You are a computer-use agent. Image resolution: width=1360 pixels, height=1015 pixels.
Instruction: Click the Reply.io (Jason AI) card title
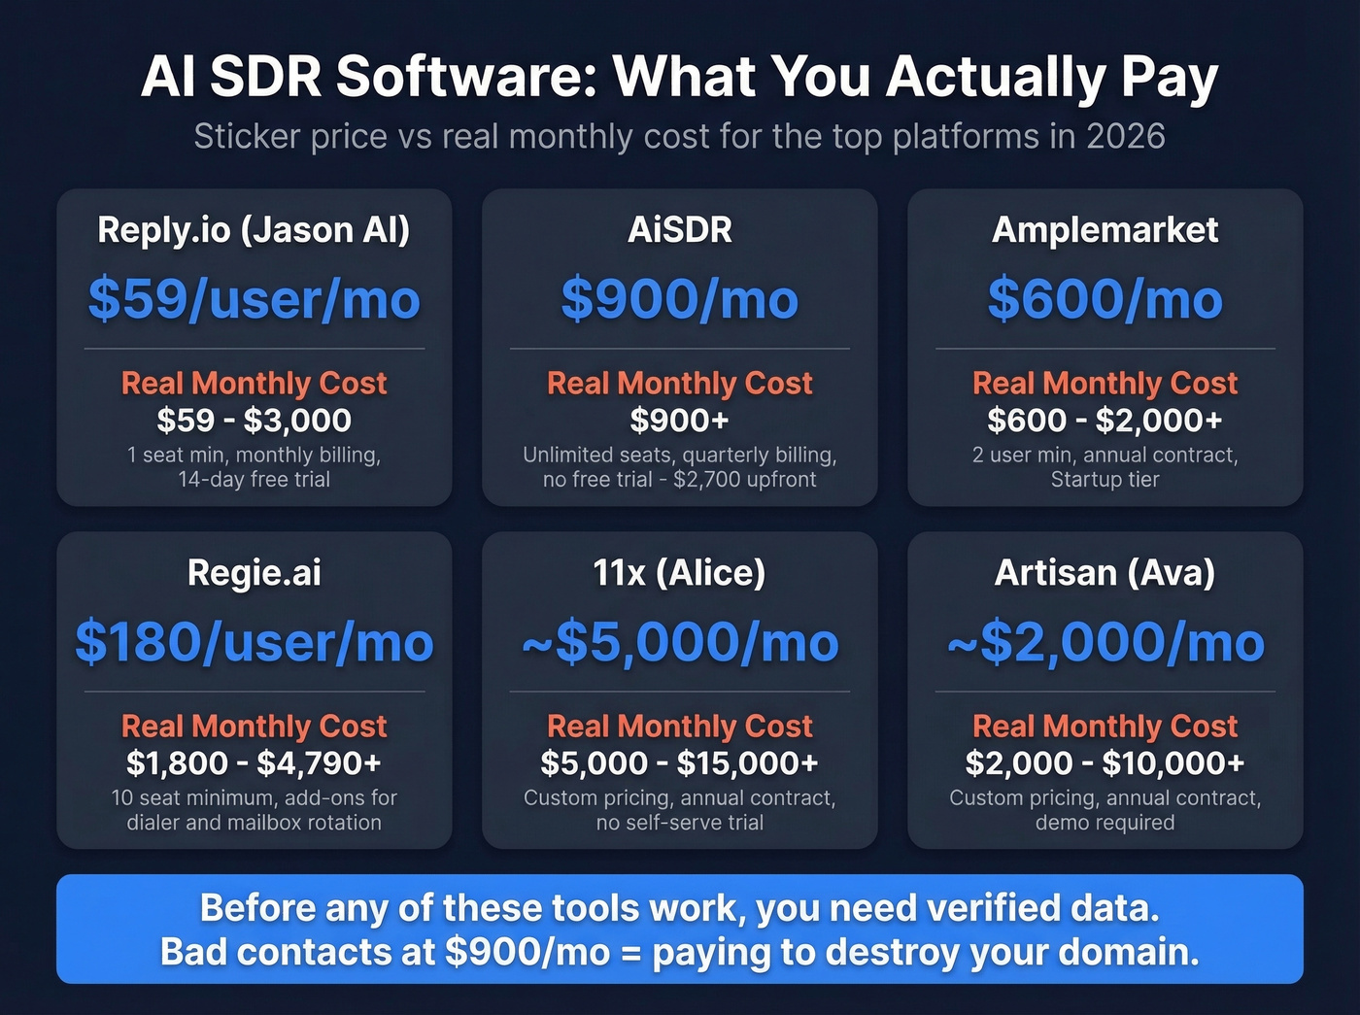[x=254, y=230]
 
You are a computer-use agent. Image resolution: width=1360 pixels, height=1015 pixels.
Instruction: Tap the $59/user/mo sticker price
[x=254, y=298]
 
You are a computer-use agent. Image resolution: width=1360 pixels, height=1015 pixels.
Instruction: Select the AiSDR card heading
[x=680, y=230]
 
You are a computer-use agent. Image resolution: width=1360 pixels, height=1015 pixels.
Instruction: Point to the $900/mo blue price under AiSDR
[x=680, y=298]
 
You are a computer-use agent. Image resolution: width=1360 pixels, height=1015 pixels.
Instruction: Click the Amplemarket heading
[x=1105, y=230]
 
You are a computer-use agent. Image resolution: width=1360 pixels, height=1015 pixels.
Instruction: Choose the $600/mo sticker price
[x=1105, y=298]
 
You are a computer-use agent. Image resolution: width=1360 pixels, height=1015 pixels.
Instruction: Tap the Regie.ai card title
[x=254, y=573]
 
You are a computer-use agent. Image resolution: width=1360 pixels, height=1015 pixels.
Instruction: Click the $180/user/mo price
[x=254, y=642]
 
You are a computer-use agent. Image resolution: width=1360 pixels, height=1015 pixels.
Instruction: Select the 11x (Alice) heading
[x=680, y=573]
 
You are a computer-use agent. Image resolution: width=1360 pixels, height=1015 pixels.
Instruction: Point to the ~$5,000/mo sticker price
[x=680, y=642]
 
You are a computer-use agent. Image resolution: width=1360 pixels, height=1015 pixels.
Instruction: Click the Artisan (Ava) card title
[x=1105, y=573]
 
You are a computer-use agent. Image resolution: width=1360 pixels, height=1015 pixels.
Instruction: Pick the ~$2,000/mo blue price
[x=1105, y=642]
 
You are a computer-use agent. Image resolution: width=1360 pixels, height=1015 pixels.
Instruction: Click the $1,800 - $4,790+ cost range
[x=254, y=763]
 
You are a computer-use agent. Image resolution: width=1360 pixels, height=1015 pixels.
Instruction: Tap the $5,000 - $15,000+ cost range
[x=680, y=763]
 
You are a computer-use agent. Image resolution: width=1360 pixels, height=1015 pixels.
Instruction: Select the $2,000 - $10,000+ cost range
[x=1105, y=763]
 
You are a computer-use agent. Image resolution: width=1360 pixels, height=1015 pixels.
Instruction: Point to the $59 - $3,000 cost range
[x=254, y=421]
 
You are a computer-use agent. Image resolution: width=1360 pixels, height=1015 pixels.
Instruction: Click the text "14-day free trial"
[x=254, y=480]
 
